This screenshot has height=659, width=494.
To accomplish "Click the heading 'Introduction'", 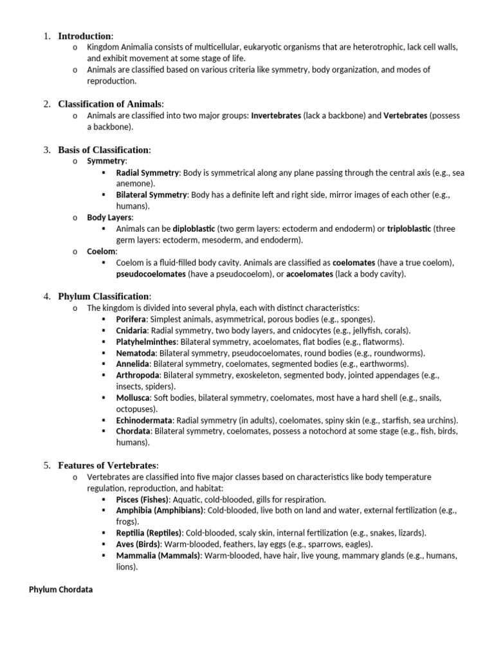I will click(x=86, y=36).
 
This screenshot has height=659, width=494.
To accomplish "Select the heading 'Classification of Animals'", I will click(x=111, y=104).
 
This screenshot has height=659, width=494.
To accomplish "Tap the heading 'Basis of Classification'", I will click(x=104, y=150).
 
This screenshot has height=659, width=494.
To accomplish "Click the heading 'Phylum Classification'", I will click(x=104, y=296).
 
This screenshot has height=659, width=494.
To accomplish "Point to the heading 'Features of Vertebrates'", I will click(x=107, y=465).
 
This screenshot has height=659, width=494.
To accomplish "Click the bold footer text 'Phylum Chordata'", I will click(x=61, y=589).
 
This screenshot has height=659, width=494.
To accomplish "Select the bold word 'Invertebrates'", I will click(x=275, y=116).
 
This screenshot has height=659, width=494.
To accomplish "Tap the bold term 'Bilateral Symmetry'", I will click(x=151, y=194).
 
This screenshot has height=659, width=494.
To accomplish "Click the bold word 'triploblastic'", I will click(x=410, y=228).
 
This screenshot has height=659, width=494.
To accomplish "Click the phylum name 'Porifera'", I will click(x=131, y=319).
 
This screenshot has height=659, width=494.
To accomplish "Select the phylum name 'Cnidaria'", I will click(x=132, y=331).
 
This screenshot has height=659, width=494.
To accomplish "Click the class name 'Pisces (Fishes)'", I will click(x=143, y=499).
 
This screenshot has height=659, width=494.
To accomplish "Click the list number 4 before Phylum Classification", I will click(x=47, y=296).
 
